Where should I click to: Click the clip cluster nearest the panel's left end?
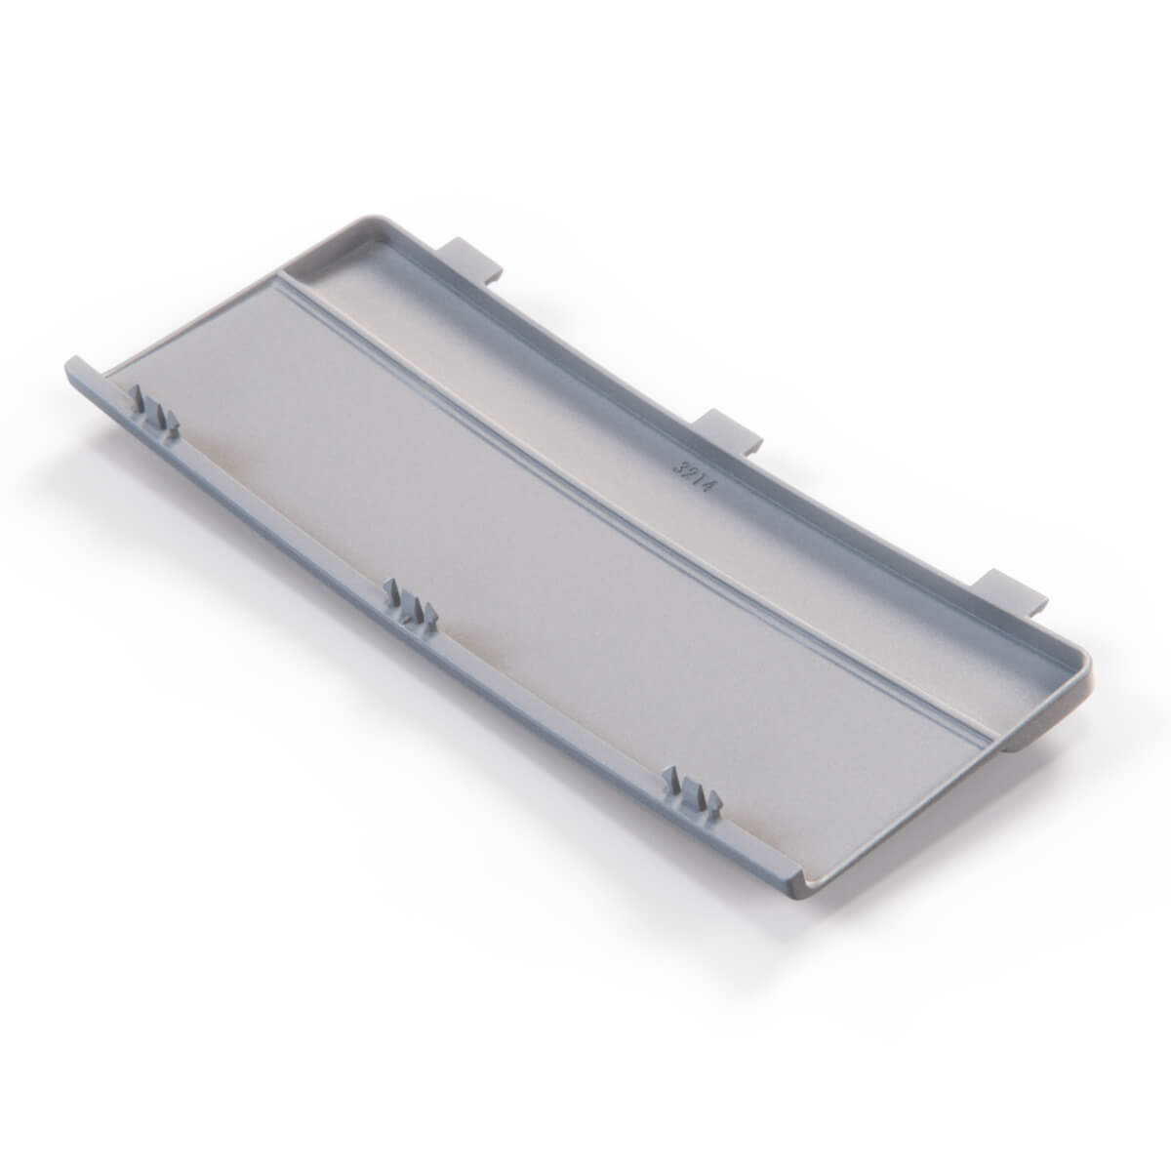(x=155, y=411)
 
